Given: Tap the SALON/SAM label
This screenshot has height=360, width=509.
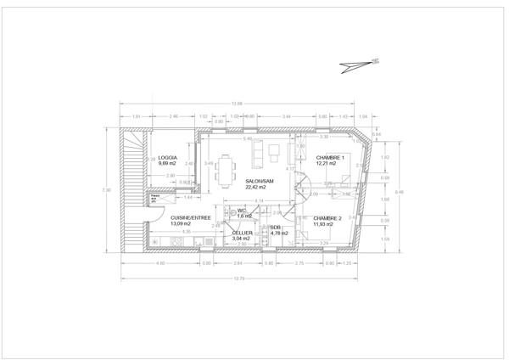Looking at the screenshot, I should click(x=259, y=182).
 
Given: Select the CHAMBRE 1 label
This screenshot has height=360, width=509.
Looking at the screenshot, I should click(x=328, y=157).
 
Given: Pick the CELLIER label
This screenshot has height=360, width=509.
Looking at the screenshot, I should click(x=242, y=233).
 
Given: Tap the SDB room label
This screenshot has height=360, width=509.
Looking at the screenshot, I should click(x=276, y=228).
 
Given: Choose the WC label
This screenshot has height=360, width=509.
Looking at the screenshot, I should click(x=242, y=211).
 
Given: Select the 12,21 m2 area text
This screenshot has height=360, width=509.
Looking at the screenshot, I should click(x=327, y=163).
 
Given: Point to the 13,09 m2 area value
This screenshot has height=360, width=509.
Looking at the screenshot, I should click(x=183, y=224).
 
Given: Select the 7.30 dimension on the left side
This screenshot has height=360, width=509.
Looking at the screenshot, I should click(x=104, y=189).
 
